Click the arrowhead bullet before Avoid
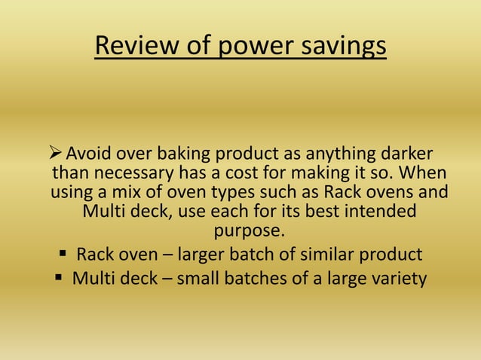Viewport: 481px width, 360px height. (57, 154)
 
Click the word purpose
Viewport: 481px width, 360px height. (250, 229)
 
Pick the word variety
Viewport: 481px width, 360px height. (396, 279)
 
